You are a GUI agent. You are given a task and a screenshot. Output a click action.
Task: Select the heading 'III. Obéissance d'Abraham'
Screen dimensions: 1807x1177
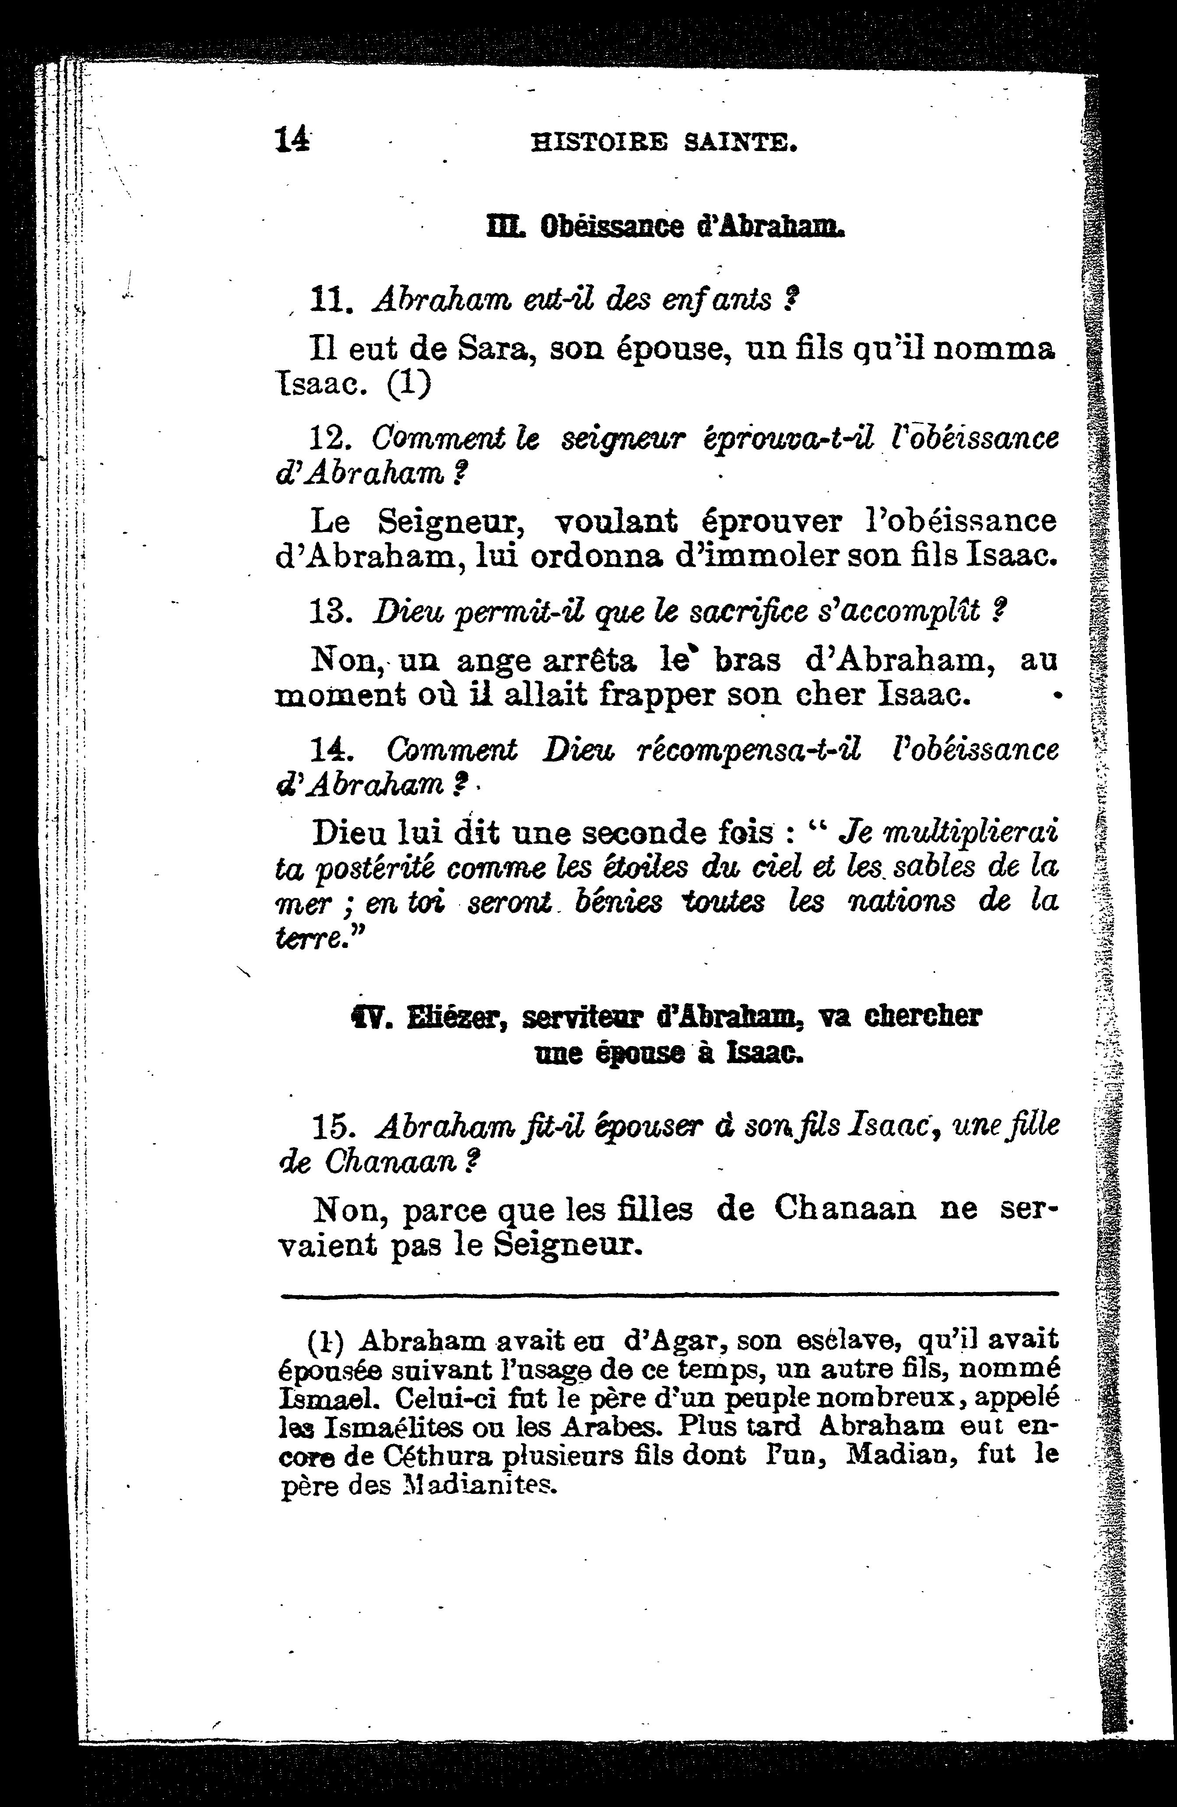point(665,226)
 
